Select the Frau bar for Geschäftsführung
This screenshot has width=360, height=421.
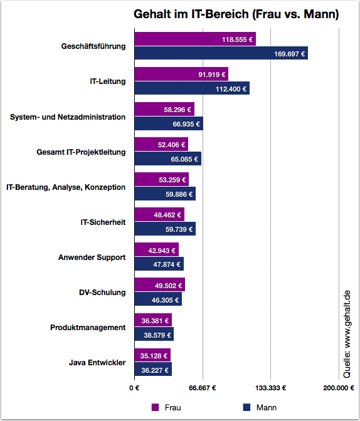(x=195, y=39)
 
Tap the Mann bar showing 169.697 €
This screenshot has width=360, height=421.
(x=221, y=53)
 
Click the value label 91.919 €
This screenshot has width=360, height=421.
(x=212, y=75)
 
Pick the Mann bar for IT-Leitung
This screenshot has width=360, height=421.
(x=192, y=88)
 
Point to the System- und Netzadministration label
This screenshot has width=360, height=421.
(x=68, y=117)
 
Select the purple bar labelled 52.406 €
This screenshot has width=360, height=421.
(x=161, y=144)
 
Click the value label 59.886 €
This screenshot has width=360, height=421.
(x=179, y=194)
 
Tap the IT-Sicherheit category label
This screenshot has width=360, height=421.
(x=103, y=222)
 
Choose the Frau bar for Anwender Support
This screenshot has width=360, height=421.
(x=156, y=249)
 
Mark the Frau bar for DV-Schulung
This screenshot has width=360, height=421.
(x=160, y=284)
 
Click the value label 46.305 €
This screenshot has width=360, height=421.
(x=165, y=300)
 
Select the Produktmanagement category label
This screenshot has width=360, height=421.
(x=88, y=328)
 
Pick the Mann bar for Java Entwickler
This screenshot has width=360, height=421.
(x=153, y=369)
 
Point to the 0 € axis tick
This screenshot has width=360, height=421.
(x=134, y=388)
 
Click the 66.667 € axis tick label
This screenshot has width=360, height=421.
(x=203, y=388)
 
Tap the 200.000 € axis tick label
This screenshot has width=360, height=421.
(x=339, y=388)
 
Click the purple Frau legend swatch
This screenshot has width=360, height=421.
(x=155, y=407)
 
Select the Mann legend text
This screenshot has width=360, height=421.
(x=267, y=408)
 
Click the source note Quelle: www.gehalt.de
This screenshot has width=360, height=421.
(x=347, y=334)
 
